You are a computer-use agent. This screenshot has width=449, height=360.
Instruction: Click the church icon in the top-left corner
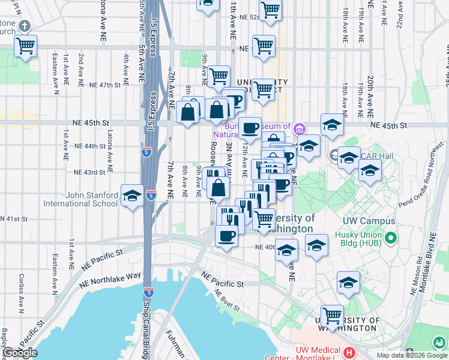coord(24,26)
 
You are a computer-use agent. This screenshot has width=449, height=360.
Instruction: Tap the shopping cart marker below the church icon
coord(25,46)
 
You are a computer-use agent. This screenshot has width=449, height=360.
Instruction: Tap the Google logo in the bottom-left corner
coord(20,353)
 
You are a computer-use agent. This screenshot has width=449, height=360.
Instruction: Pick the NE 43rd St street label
coord(89,172)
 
